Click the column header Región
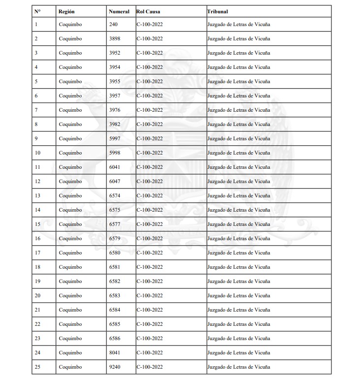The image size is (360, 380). point(66,11)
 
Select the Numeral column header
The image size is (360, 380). point(119,11)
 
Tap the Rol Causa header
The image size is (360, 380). point(148,11)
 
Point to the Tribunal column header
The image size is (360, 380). point(218,11)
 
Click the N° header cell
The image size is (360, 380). point(37,11)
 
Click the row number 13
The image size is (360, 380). point(37,196)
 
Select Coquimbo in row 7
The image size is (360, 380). point(70,110)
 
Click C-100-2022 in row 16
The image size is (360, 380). point(150,239)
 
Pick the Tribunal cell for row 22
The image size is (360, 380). point(238,324)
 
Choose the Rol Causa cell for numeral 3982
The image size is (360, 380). point(150,124)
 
